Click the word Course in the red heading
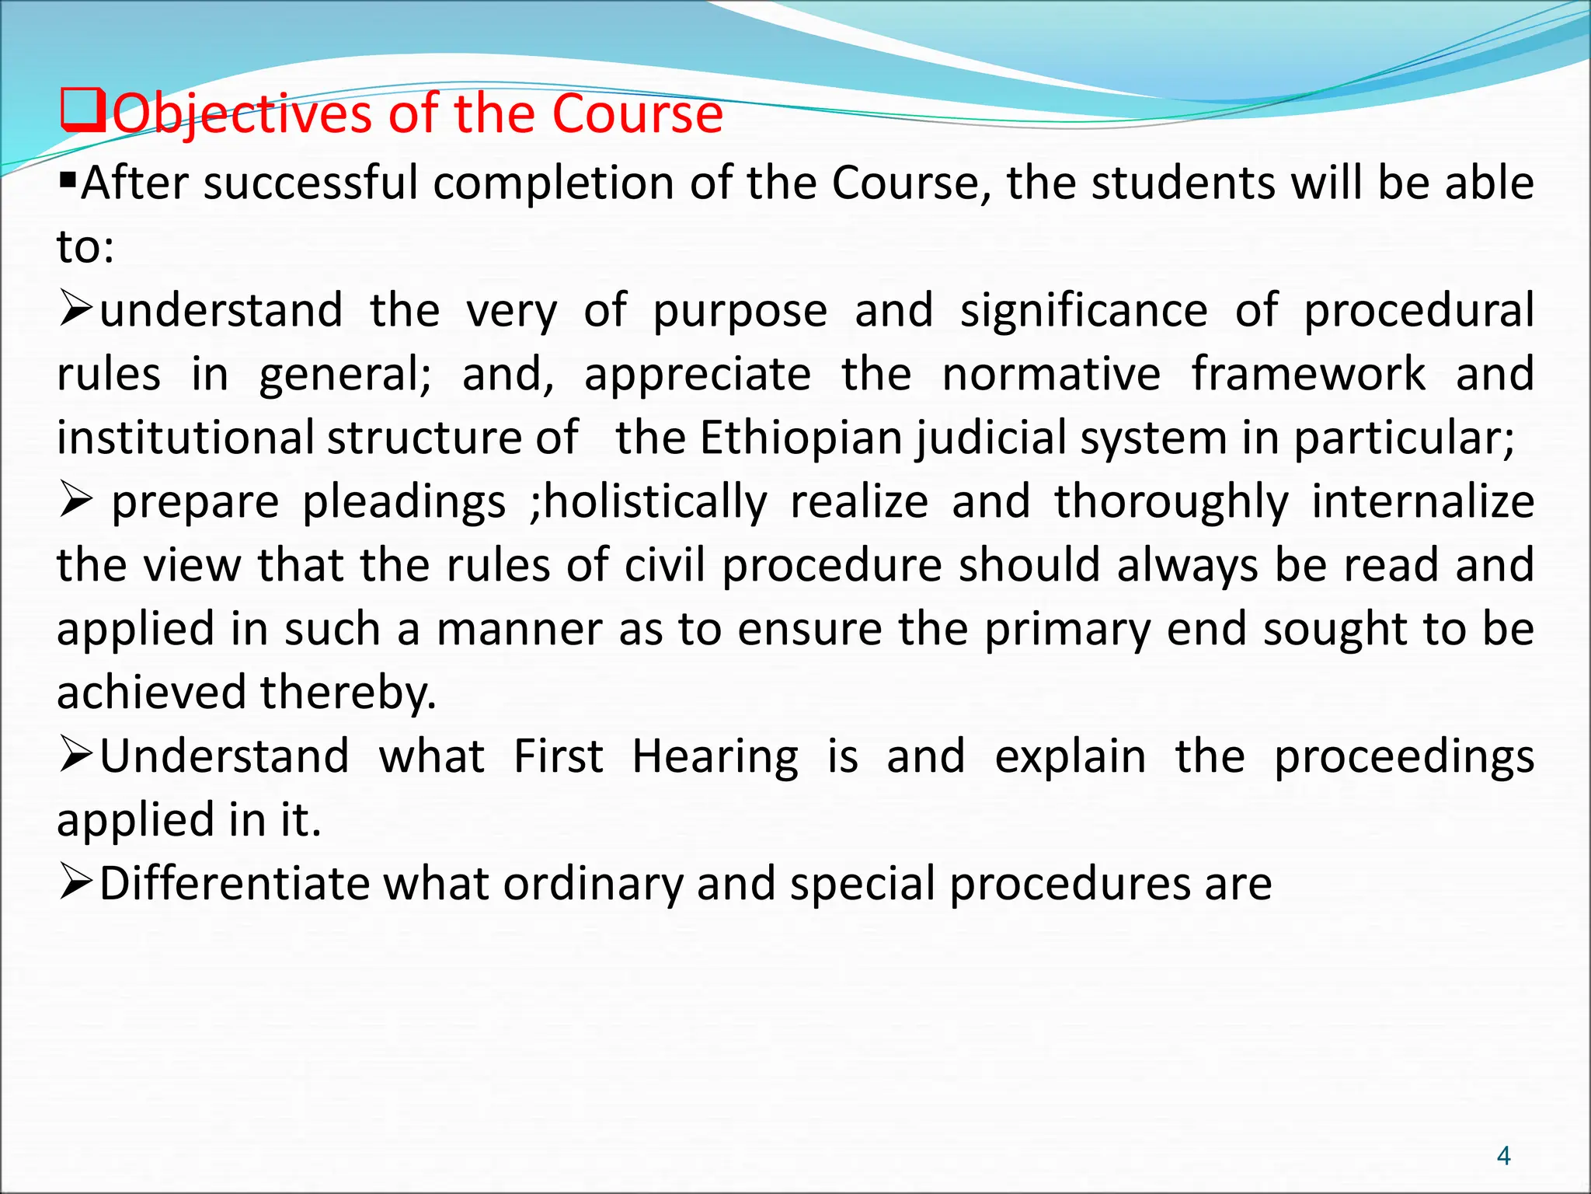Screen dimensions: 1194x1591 coord(637,115)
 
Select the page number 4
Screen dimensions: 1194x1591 coord(1503,1156)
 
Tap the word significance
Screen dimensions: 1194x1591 coord(1084,311)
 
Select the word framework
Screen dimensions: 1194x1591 coord(1308,375)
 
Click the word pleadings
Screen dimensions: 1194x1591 coord(404,502)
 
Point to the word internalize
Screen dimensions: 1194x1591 coord(1422,502)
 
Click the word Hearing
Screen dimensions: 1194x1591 coord(715,757)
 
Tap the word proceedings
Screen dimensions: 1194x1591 coord(1404,757)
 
